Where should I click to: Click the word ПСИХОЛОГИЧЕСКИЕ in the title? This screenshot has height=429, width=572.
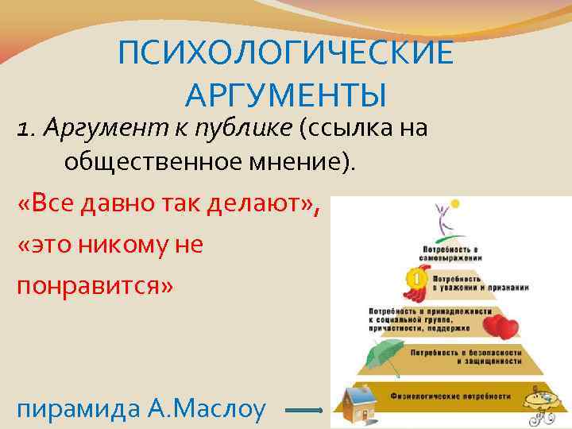point(286,55)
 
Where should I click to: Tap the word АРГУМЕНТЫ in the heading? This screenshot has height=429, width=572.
point(286,95)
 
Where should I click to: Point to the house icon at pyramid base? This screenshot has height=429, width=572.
point(358,401)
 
